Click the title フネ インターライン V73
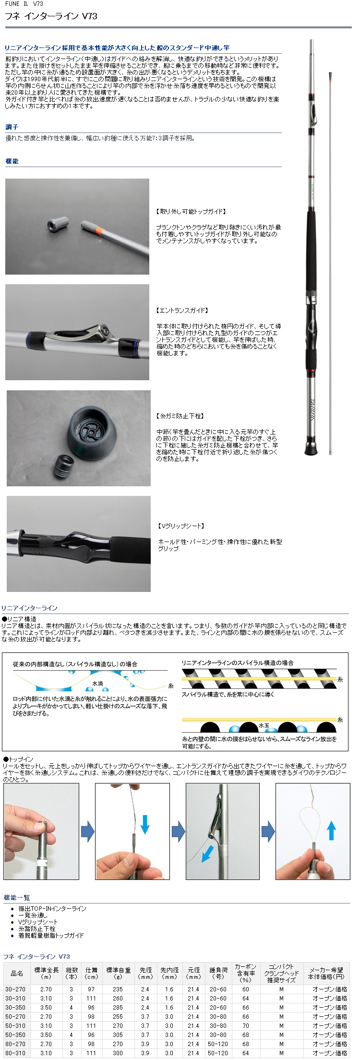(x=51, y=16)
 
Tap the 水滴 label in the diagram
(x=97, y=683)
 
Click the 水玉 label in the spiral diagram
(x=264, y=725)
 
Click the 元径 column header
(x=193, y=973)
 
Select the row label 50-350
(x=15, y=1035)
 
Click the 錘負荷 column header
(x=218, y=973)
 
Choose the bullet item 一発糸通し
(x=33, y=915)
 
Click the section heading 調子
(x=12, y=127)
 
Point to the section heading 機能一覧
(x=17, y=898)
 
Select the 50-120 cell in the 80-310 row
(x=218, y=1053)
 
